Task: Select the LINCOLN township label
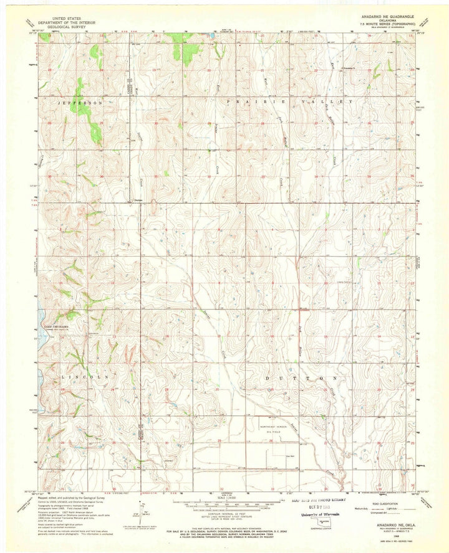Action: (x=85, y=377)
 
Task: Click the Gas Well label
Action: (x=289, y=455)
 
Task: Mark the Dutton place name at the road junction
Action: (x=139, y=200)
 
